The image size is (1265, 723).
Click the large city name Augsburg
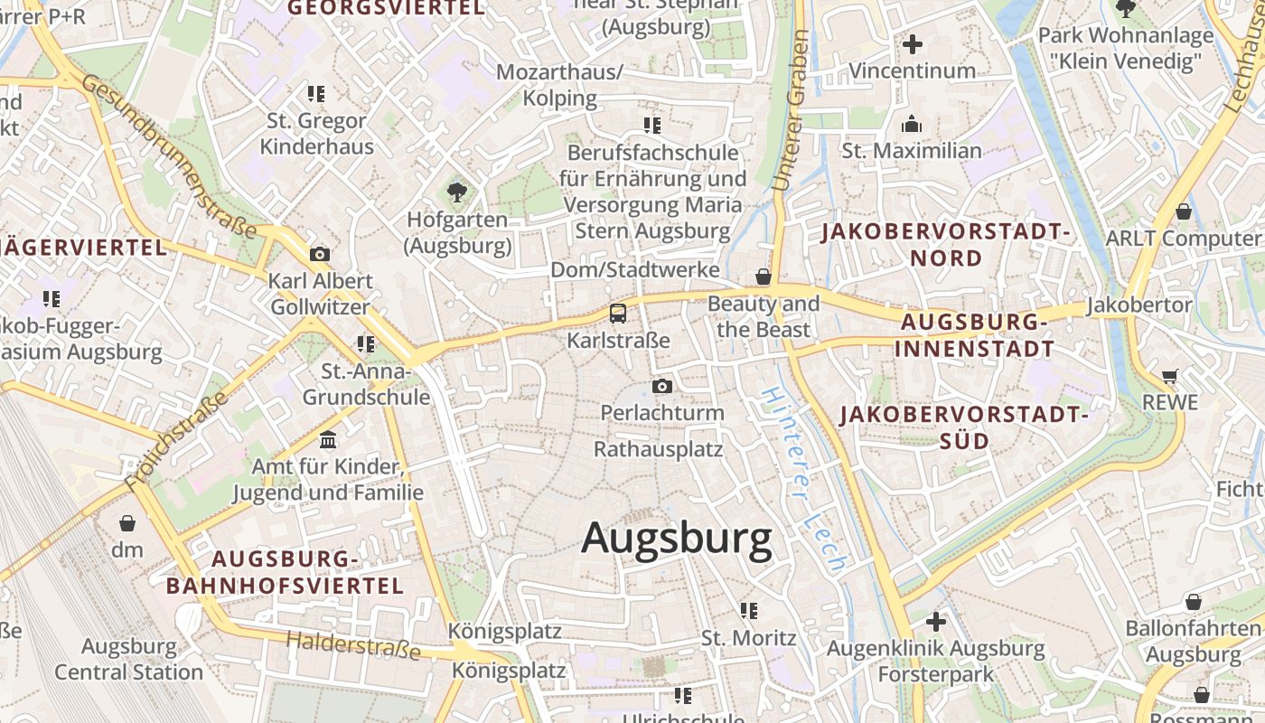click(677, 539)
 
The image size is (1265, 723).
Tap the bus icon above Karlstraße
click(618, 314)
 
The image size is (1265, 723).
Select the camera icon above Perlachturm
click(662, 387)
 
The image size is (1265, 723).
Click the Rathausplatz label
click(658, 448)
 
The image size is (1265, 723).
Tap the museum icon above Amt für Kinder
click(328, 440)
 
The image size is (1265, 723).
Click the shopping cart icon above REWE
click(1170, 376)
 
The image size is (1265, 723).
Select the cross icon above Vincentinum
click(913, 43)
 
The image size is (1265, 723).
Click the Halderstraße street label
click(353, 645)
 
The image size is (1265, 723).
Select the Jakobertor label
click(1139, 305)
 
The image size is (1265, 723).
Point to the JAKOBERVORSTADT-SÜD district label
click(963, 427)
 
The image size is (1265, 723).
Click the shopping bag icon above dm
click(127, 523)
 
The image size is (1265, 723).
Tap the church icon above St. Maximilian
click(912, 124)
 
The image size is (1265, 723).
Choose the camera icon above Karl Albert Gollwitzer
click(319, 254)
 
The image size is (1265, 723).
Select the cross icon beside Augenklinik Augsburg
click(936, 622)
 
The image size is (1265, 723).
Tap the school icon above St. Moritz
click(748, 611)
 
